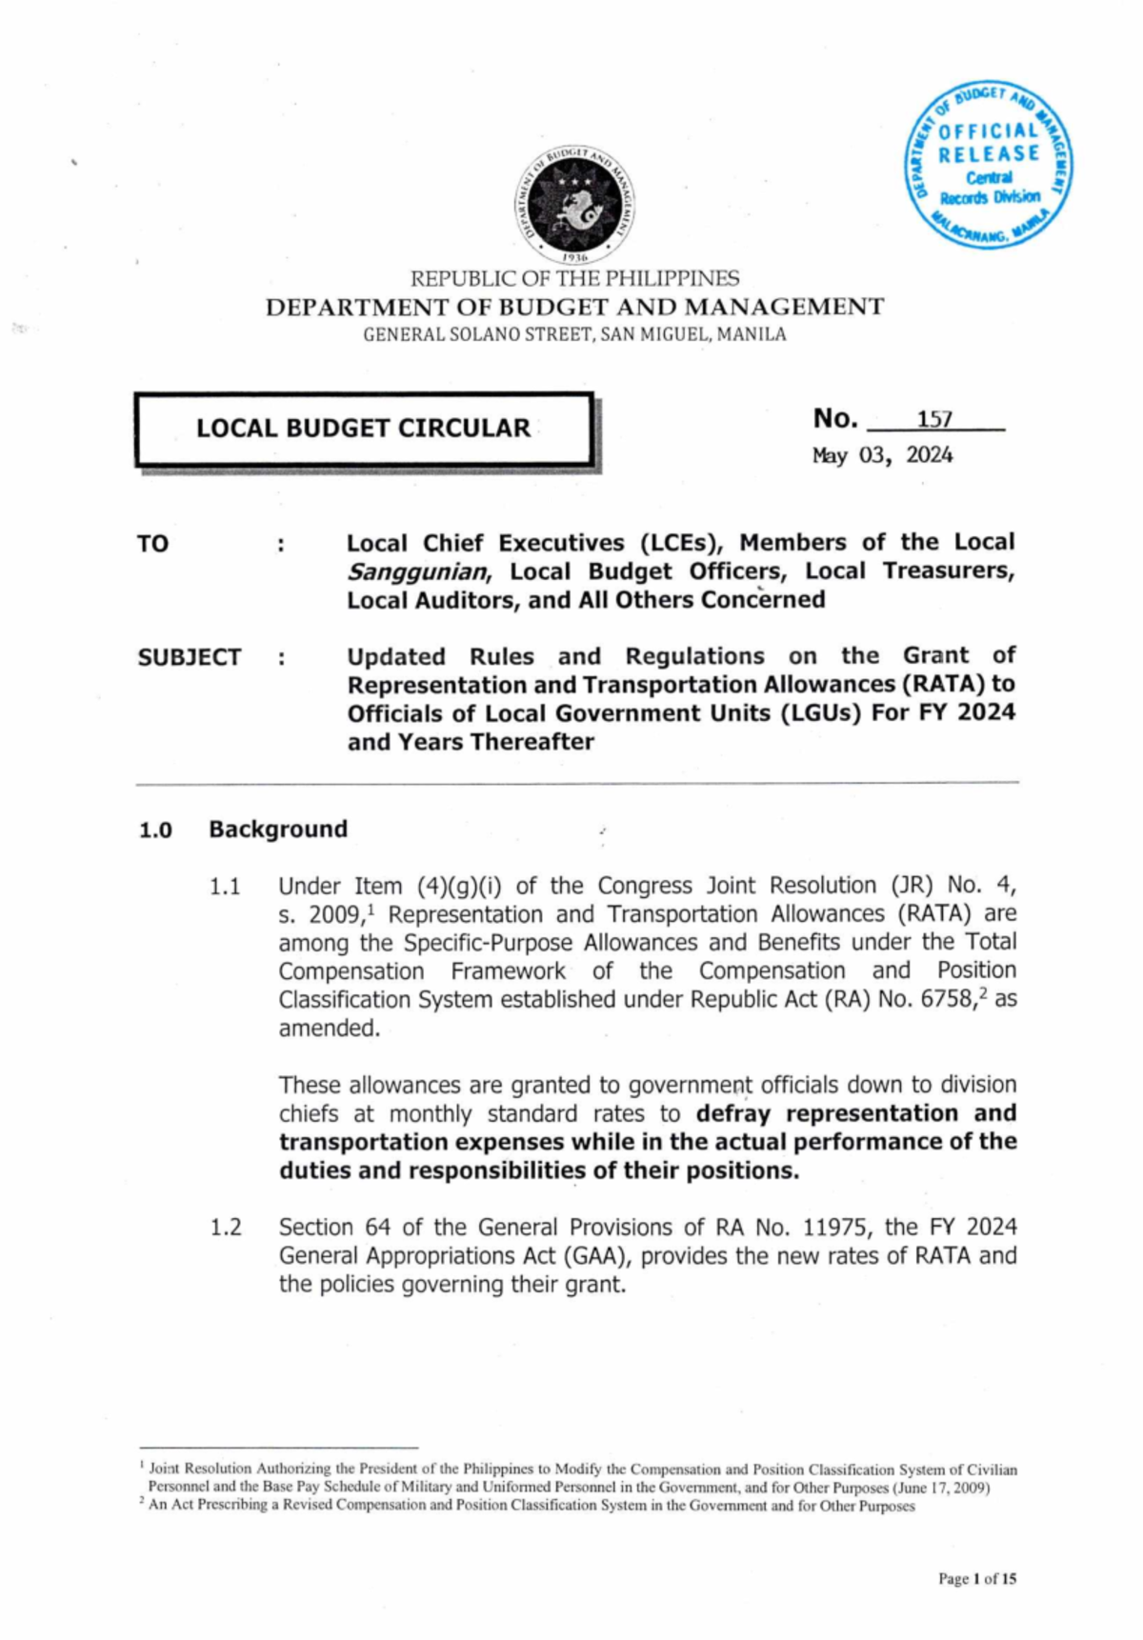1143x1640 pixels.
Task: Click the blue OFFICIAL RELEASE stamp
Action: coord(988,165)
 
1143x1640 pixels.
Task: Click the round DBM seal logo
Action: coord(575,205)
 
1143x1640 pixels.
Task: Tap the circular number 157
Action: coord(934,420)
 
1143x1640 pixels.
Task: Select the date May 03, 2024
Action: coord(882,455)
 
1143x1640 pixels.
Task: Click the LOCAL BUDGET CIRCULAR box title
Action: coord(363,429)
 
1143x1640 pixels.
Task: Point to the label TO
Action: coord(152,544)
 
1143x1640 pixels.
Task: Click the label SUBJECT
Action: coord(189,657)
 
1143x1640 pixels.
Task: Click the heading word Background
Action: coord(278,829)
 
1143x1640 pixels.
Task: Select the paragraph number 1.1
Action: coord(225,887)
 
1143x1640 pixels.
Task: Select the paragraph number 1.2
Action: coord(226,1228)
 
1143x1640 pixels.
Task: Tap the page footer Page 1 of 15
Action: coord(977,1579)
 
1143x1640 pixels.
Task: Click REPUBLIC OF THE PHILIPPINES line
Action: coord(574,279)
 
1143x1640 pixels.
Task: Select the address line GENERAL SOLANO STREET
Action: coord(574,334)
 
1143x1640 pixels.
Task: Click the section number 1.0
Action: coord(155,830)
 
